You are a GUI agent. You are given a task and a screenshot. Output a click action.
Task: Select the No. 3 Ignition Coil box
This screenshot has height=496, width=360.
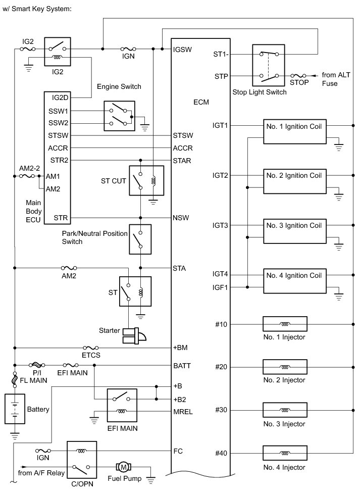coord(294,230)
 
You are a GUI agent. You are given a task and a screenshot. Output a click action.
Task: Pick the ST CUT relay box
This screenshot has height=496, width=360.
coord(146,180)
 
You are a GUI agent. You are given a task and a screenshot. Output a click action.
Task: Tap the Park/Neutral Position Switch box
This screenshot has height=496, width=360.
coord(140,238)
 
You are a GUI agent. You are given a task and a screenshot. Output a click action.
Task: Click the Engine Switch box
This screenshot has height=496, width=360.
coord(120,115)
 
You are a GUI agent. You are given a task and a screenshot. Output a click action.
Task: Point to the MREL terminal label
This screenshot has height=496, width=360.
coord(182,412)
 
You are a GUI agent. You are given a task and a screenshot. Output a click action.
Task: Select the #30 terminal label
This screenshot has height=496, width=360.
coord(221,410)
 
